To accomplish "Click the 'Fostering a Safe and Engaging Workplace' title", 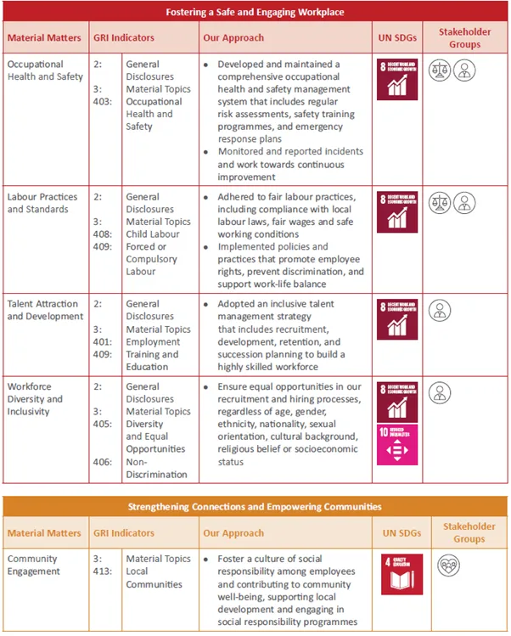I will coord(255,12).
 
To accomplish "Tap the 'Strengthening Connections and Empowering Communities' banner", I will coord(255,506).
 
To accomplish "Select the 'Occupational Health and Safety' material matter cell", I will coord(45,70).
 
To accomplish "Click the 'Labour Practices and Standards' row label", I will coord(42,203).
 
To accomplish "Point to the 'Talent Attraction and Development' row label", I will coord(45,310).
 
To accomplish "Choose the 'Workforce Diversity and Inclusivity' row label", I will coord(35,399).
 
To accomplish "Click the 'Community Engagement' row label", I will coord(34,565).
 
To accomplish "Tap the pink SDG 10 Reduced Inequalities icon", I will coord(397,445).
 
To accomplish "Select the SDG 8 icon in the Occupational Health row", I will coord(397,79).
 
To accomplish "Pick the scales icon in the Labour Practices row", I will coord(440,204).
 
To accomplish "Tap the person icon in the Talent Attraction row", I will coord(440,310).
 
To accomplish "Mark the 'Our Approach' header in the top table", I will coord(233,38).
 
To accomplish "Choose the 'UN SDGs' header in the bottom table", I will coord(403,533).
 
